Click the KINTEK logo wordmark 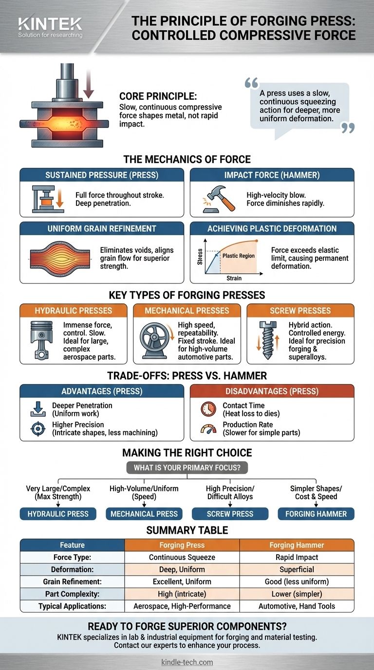50,24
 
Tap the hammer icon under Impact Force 220,199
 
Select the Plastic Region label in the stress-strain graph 239,256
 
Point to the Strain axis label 234,278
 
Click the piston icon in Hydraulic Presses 41,340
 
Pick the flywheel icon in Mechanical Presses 154,340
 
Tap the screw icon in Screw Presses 268,340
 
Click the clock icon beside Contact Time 208,409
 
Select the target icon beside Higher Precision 38,428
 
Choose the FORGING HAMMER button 316,514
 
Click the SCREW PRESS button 230,514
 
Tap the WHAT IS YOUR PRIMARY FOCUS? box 187,467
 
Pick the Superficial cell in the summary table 297,570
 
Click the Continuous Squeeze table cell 182,557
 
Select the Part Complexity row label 72,594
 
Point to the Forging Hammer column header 297,545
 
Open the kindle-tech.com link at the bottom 187,662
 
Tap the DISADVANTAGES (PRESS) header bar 272,391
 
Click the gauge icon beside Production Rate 208,429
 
